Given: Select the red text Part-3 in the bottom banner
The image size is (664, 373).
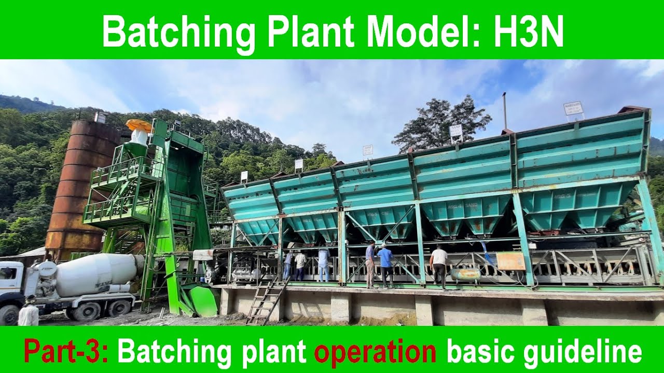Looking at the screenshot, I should pos(66,352).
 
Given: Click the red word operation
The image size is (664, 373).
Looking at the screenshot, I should pos(375,352).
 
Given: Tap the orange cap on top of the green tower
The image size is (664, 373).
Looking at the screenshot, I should pos(139,125).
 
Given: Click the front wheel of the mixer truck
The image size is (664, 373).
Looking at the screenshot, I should pos(9,314).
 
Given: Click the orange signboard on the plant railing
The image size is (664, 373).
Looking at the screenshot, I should pos(510,261).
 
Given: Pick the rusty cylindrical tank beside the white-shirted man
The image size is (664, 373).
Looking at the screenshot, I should pos(465,274).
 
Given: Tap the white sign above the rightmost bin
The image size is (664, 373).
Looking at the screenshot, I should pos(573,108).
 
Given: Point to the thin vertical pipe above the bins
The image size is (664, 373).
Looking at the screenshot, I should pos(504,111).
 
